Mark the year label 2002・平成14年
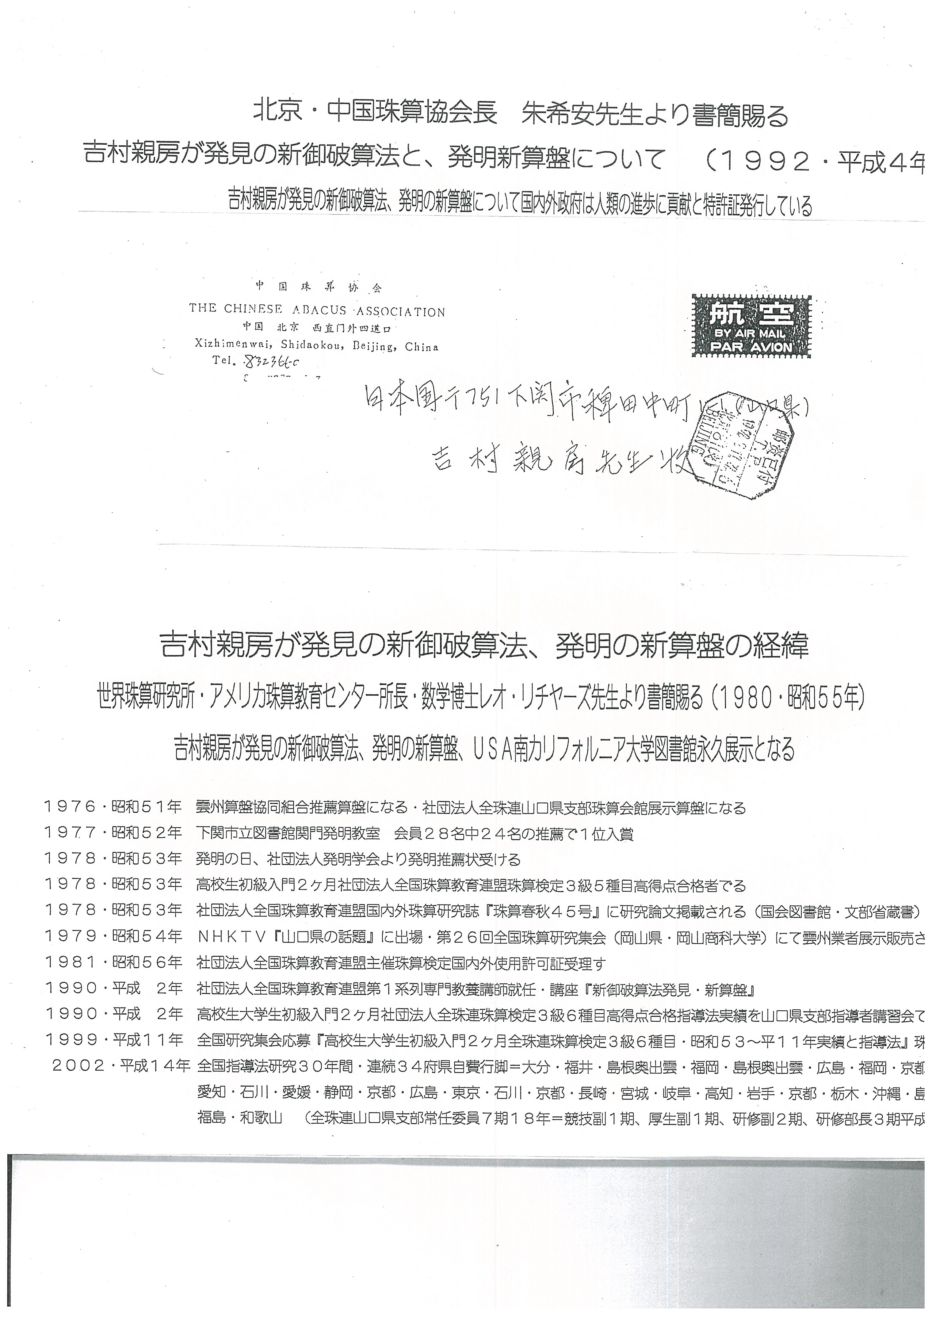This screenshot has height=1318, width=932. pyautogui.click(x=120, y=1065)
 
